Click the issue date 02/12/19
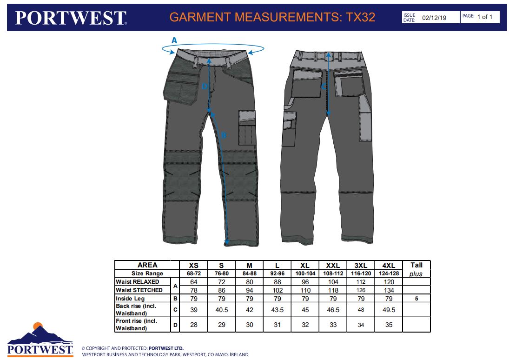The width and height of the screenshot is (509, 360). pos(434,18)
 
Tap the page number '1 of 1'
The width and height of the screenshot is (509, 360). pos(485,17)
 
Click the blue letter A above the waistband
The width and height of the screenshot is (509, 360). pos(174,40)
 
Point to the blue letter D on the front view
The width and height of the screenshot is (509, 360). pos(205,87)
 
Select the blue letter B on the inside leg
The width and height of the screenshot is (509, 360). pos(223,135)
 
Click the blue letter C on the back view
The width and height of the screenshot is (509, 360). pos(324,87)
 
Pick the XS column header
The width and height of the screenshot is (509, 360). pos(193,266)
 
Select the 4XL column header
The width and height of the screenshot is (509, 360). pos(389,266)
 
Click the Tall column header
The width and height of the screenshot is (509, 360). pos(416,265)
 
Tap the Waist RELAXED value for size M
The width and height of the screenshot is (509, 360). pos(249,282)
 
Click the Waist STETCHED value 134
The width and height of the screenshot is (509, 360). pos(389,290)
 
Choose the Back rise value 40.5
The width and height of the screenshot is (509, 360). pos(221,310)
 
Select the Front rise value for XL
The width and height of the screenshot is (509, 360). pos(305,325)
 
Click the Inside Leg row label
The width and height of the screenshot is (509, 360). pos(130,299)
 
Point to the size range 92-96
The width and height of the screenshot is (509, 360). pos(277,273)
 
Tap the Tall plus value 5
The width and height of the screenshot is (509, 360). pos(416,299)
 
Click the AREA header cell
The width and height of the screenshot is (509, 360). pos(147,265)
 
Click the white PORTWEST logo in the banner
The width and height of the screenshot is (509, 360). pos(71,18)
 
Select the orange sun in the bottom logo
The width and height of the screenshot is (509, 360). pos(38,326)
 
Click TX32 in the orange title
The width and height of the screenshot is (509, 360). pos(361,17)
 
